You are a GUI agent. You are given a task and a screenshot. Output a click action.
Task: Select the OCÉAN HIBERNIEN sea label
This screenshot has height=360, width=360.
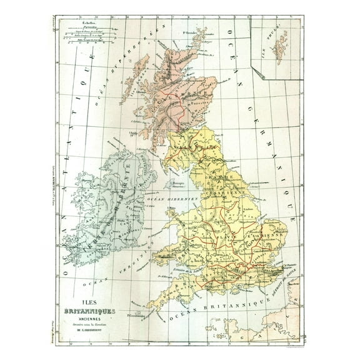point(172,198)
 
